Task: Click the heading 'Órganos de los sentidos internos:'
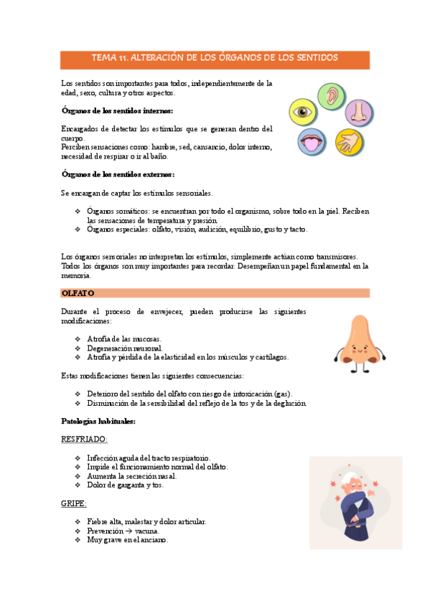[117, 110]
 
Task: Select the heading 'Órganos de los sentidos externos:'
[118, 174]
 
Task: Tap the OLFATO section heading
[78, 293]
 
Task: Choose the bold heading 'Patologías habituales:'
[99, 421]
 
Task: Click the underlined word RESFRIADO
[85, 438]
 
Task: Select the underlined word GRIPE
[74, 503]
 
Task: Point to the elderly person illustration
[349, 503]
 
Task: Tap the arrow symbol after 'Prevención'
[128, 531]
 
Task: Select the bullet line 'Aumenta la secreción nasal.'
[131, 475]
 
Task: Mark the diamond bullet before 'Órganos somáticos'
[78, 212]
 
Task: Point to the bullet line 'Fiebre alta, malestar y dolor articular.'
[146, 521]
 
